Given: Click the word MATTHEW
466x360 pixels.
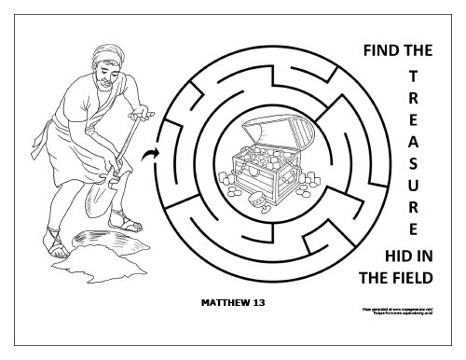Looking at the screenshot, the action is (223, 303).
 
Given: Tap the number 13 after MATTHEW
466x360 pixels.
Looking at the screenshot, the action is (260, 303).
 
